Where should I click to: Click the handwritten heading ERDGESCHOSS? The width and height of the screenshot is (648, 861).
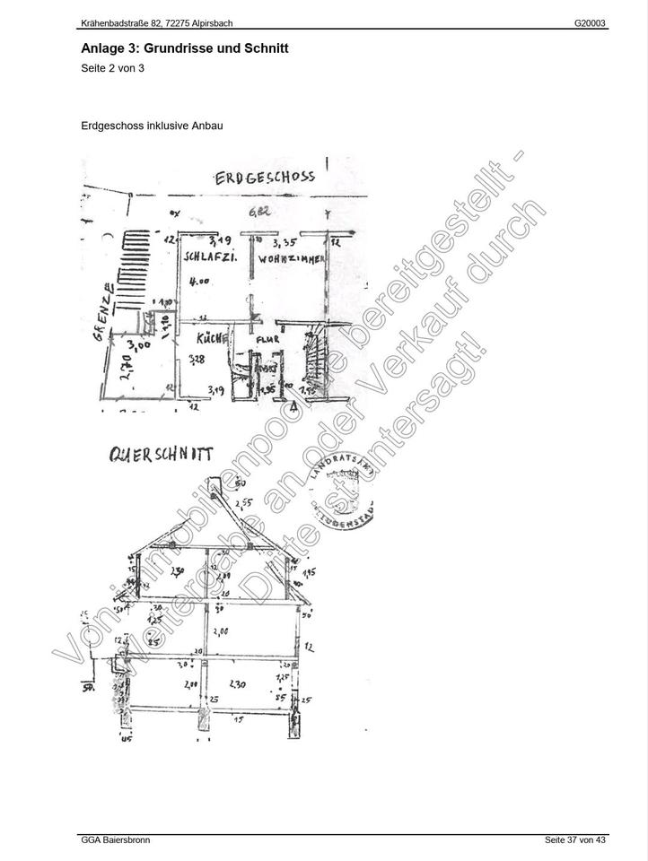tap(265, 177)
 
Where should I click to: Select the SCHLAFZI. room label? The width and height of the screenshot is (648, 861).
tap(210, 257)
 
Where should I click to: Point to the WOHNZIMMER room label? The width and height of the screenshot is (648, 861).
tap(290, 258)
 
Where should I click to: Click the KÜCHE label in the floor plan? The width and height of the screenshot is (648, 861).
tap(209, 339)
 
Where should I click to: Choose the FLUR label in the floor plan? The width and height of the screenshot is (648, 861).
tap(268, 340)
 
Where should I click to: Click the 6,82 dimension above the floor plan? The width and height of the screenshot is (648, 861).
tap(260, 213)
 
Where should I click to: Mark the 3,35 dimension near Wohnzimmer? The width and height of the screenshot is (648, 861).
tap(285, 241)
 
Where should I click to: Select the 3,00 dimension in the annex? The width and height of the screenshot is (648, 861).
tap(138, 344)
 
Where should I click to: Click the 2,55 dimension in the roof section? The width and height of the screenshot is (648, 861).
tap(244, 503)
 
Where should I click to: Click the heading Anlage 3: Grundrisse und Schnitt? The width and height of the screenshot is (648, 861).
tap(184, 48)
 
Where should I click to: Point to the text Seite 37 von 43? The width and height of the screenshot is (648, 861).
tap(575, 840)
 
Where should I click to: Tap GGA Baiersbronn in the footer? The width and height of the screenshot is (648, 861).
tap(116, 840)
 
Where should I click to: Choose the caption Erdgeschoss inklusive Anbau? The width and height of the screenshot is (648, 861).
tap(152, 126)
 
